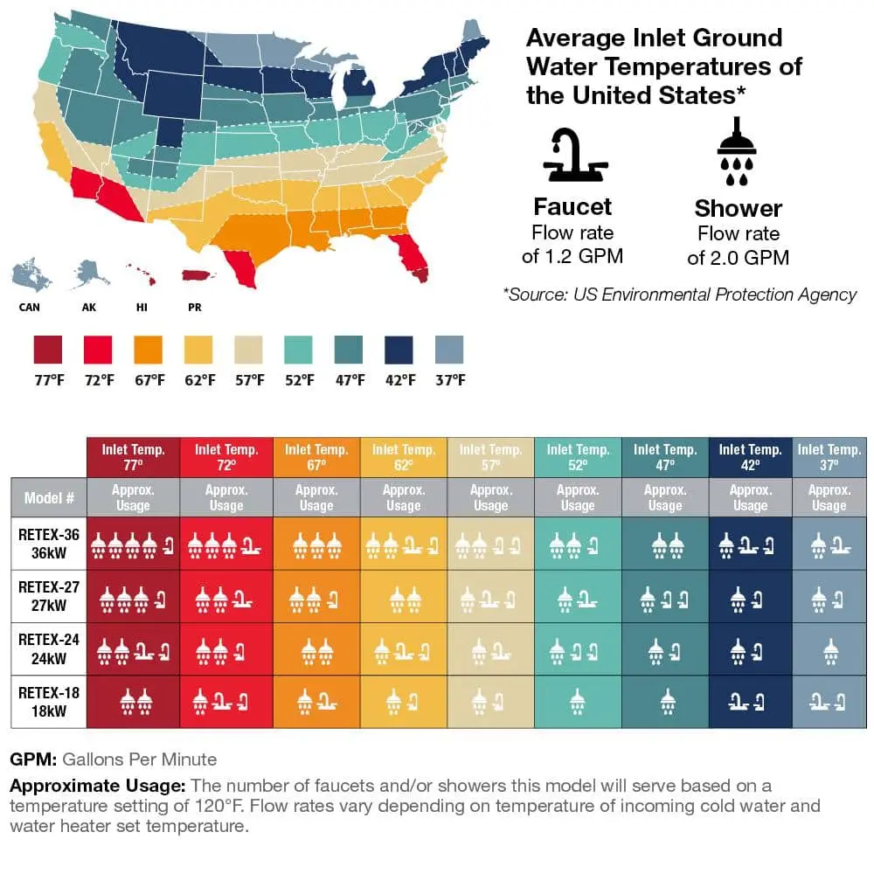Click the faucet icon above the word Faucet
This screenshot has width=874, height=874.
click(572, 157)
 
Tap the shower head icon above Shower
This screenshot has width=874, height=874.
click(738, 158)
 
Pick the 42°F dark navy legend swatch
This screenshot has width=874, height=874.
click(399, 350)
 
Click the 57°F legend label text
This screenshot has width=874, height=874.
click(249, 380)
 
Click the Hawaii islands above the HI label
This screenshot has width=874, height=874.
click(142, 274)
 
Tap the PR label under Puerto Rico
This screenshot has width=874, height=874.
click(195, 308)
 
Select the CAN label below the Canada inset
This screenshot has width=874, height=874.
click(29, 308)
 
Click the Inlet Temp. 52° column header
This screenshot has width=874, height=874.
click(578, 457)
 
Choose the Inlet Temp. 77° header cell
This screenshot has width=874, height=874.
click(133, 457)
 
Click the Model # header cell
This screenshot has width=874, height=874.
click(48, 498)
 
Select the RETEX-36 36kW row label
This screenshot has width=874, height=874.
click(48, 543)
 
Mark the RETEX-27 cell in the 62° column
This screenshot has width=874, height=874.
click(403, 596)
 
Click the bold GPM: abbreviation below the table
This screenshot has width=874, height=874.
click(33, 759)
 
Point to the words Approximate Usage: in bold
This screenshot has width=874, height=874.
click(98, 785)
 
